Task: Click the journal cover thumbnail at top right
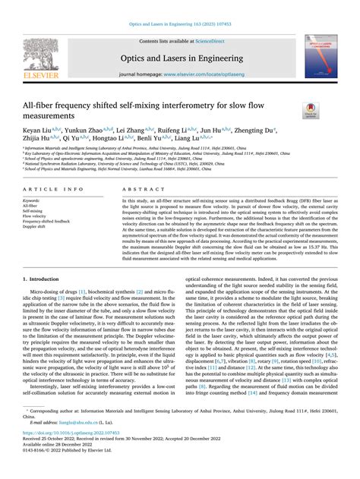pyautogui.click(x=321, y=58)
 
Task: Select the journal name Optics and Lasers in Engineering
pyautogui.click(x=179, y=57)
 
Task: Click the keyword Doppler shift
pyautogui.click(x=34, y=227)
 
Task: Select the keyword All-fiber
pyautogui.click(x=30, y=205)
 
